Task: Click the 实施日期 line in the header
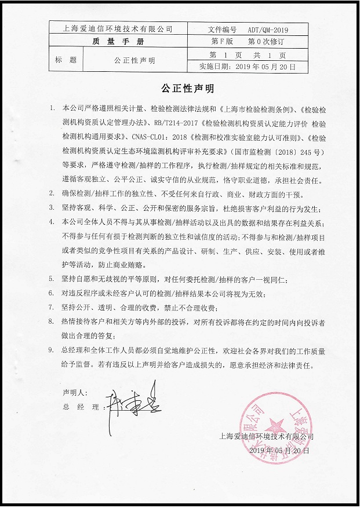click(x=248, y=67)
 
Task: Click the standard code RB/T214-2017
click(x=176, y=123)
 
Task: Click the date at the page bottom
click(x=279, y=450)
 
